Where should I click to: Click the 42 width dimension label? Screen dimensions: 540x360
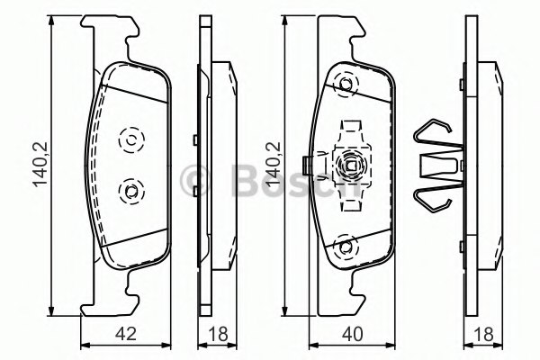[126, 334]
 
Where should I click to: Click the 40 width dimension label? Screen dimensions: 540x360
[353, 334]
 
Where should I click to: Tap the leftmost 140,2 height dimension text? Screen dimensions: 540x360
[41, 165]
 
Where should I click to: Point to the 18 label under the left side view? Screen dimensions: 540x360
[218, 334]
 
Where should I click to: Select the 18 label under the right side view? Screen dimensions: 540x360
[483, 334]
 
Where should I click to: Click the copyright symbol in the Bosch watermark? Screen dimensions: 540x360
[194, 180]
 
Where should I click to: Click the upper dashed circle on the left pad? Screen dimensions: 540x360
[131, 139]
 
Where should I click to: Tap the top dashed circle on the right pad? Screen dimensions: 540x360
[346, 85]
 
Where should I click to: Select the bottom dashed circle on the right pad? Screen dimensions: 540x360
[346, 247]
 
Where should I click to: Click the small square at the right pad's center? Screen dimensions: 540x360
[351, 166]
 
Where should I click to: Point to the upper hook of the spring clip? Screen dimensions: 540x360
[433, 130]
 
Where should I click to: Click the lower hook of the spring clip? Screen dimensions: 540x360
[433, 201]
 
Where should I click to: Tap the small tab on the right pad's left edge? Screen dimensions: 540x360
[305, 166]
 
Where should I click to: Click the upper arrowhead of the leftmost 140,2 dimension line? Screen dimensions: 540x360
[51, 20]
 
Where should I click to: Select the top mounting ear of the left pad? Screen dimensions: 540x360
[110, 38]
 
